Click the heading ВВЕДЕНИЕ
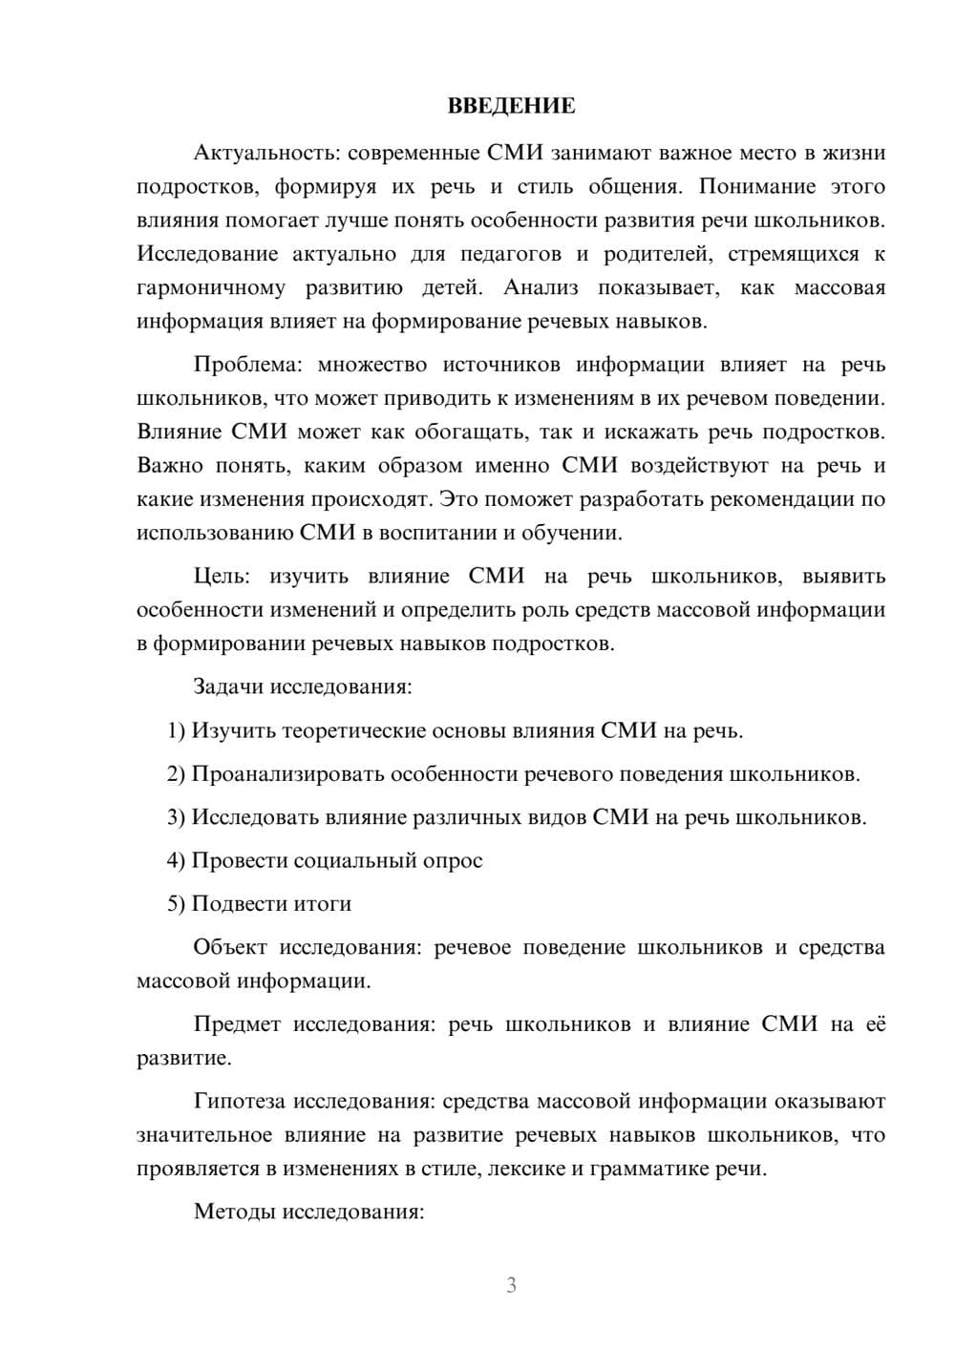point(511,106)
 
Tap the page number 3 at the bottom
point(511,1285)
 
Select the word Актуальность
point(256,153)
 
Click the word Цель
point(222,576)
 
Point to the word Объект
point(230,947)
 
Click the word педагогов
point(508,254)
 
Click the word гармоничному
point(211,287)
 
